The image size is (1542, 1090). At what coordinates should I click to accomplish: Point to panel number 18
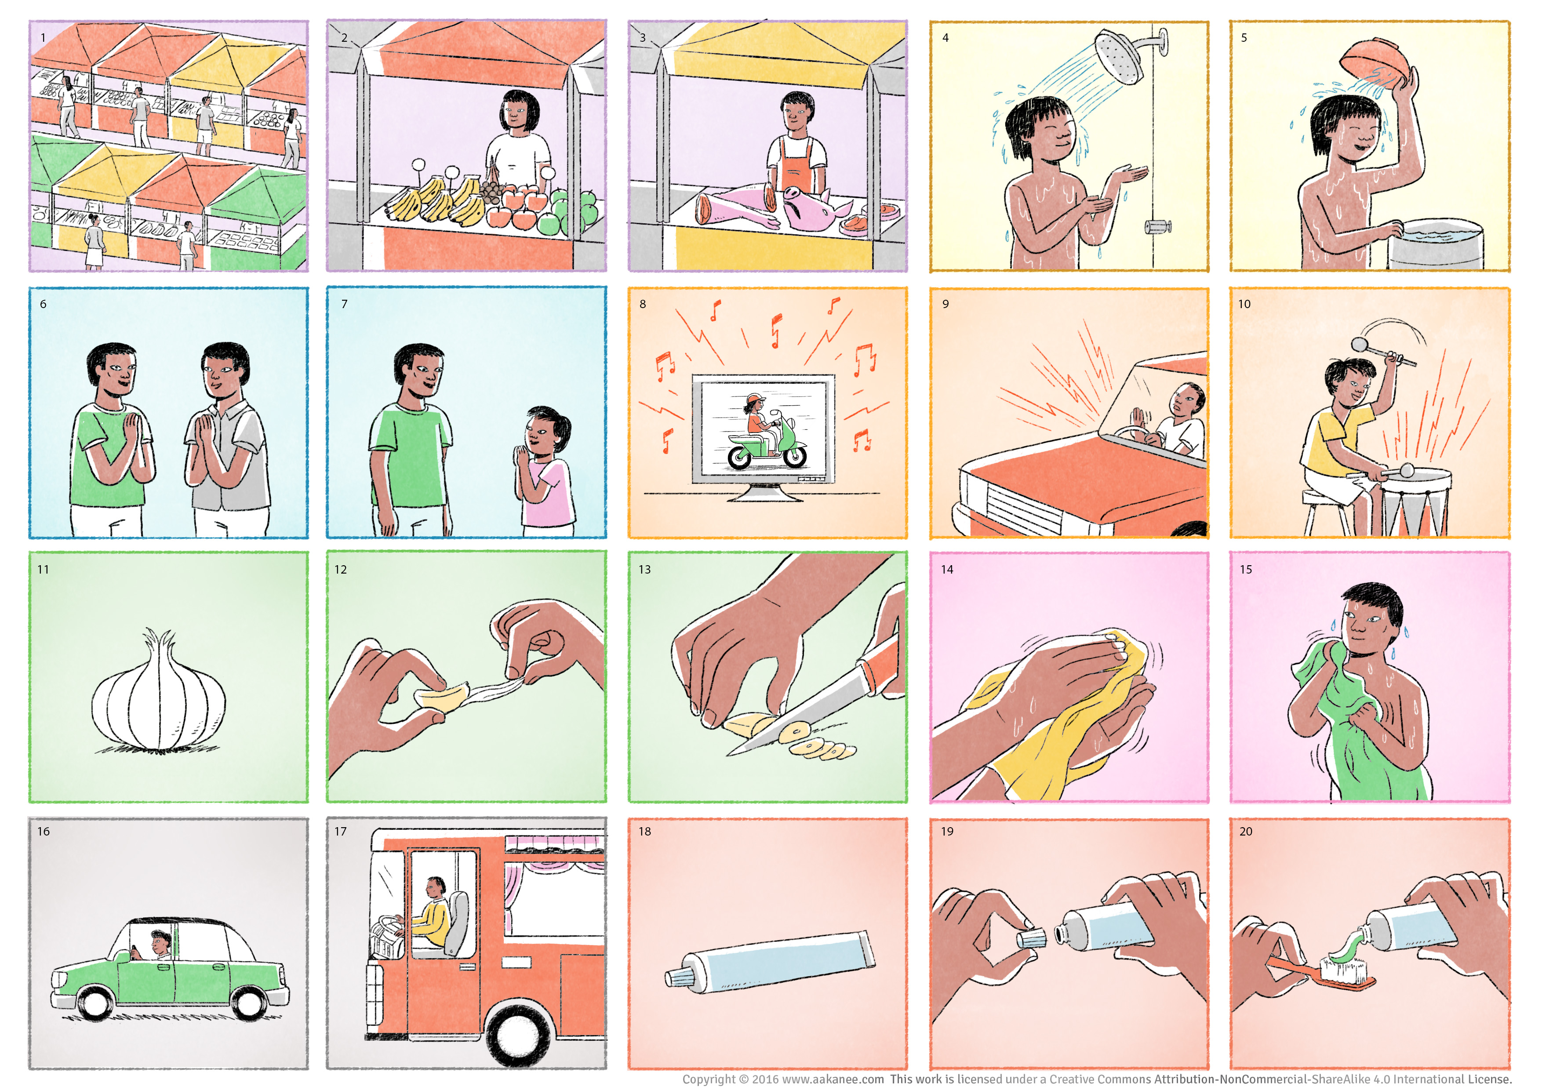click(x=645, y=832)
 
